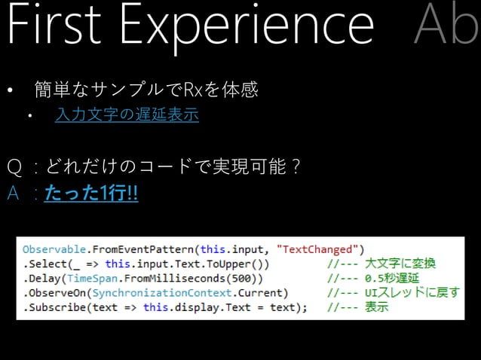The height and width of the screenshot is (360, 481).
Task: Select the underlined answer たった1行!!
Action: point(91,194)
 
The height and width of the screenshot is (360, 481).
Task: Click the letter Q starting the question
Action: point(14,166)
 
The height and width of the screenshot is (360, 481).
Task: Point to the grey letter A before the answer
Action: point(13,194)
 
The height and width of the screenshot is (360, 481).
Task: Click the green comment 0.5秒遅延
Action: point(395,279)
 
